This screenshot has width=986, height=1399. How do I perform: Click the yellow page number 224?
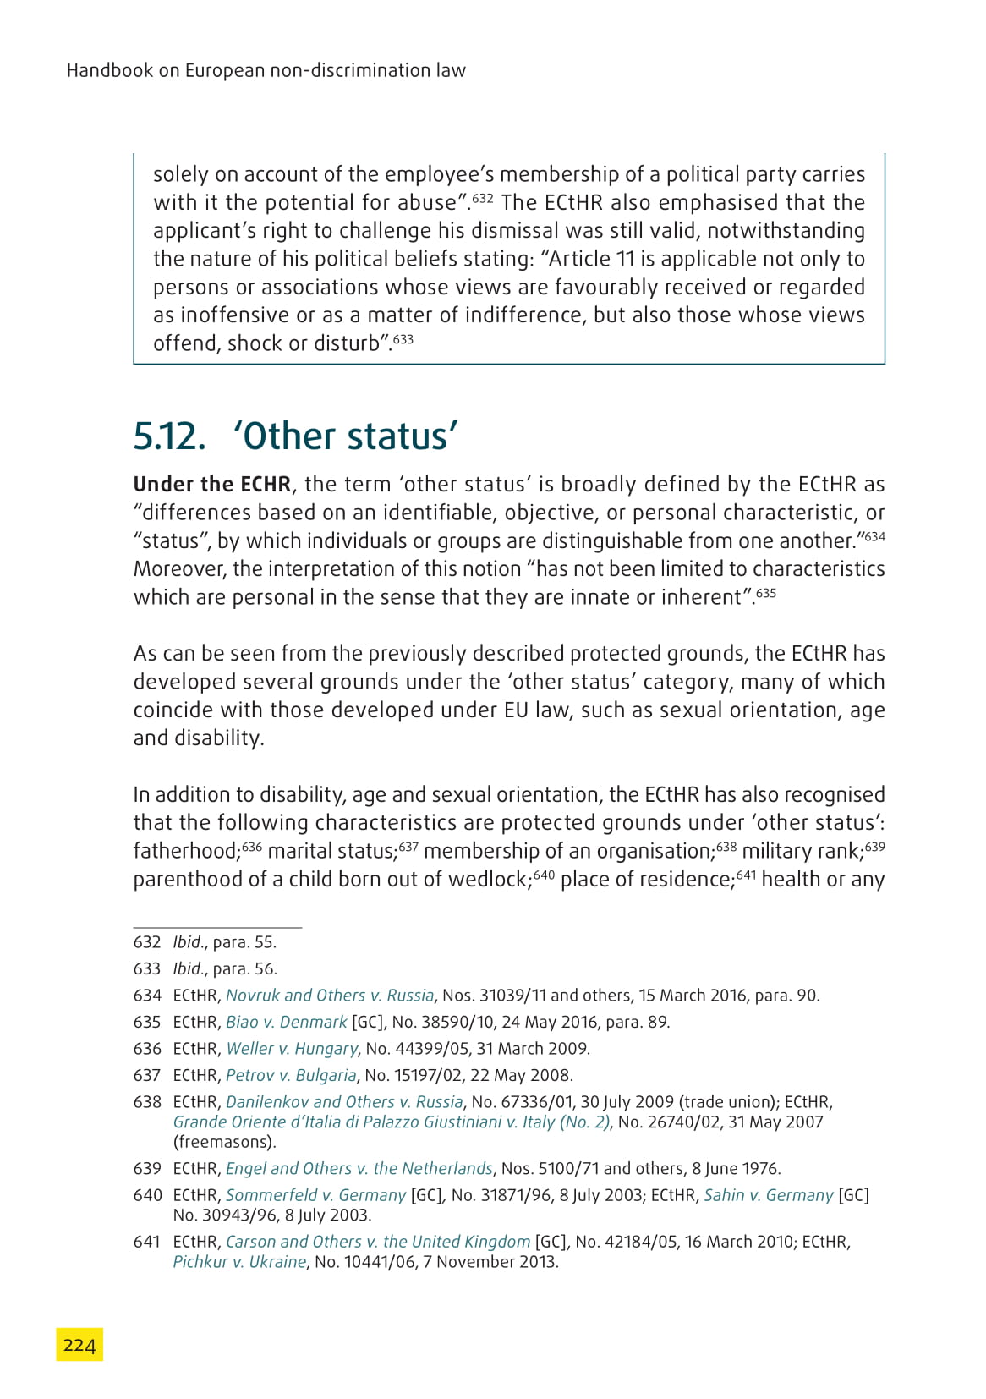[79, 1345]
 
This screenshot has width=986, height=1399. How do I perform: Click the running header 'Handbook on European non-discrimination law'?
[266, 70]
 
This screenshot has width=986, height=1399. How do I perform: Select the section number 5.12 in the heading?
[169, 436]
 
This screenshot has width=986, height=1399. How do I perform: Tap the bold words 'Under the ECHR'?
[212, 485]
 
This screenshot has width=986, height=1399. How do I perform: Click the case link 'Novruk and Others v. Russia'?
[330, 996]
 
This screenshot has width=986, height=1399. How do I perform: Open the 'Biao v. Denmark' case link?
[287, 1022]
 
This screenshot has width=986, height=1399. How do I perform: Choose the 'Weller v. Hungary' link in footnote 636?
[292, 1049]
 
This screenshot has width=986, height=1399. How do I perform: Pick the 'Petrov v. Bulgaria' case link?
[291, 1075]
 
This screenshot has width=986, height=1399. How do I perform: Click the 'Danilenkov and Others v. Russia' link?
[344, 1102]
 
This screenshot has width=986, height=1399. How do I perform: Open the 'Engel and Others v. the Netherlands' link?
[359, 1169]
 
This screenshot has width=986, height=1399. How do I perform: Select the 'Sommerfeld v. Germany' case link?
[315, 1195]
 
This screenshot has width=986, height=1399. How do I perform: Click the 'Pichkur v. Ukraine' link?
[239, 1262]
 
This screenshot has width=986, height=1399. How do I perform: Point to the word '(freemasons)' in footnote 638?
[225, 1142]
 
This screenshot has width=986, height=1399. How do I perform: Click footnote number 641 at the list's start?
[147, 1242]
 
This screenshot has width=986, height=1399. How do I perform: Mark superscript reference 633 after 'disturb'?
[403, 339]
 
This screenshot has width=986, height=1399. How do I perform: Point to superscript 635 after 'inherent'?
[766, 593]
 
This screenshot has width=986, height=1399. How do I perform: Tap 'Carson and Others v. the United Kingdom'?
[378, 1242]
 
